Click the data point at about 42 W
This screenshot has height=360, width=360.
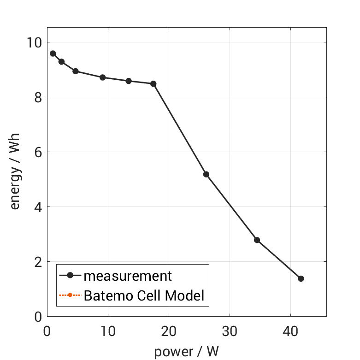301,278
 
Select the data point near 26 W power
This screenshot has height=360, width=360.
206,174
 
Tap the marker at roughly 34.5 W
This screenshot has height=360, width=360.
257,240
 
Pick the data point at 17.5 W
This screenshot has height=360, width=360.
153,84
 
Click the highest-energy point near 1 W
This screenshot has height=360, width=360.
53,53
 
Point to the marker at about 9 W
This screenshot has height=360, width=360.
103,77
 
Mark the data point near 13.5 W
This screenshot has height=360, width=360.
129,81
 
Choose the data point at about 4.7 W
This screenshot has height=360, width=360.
76,71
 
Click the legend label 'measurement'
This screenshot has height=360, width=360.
128,276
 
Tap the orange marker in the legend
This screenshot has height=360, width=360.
70,295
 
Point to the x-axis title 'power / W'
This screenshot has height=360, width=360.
186,352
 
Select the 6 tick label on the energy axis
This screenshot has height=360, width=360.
36,152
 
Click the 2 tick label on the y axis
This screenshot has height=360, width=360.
36,262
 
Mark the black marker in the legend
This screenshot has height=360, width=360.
70,276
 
